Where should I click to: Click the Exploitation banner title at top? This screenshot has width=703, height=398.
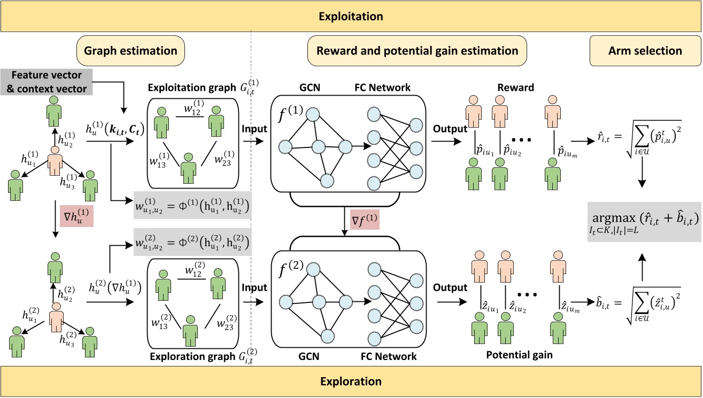point(351,17)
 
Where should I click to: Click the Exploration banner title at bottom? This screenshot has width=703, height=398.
point(351,381)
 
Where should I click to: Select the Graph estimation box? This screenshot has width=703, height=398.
point(132,51)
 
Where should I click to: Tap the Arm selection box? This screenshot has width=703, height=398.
point(645,51)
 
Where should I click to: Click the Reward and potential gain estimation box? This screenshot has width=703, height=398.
point(417,51)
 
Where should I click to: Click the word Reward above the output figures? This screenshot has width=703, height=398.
point(516,88)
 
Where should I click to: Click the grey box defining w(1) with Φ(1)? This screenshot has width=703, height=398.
point(192,205)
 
